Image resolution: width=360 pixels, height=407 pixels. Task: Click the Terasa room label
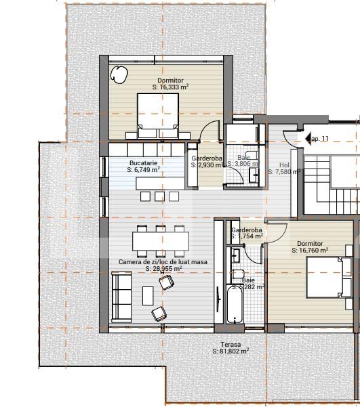tap(231, 344)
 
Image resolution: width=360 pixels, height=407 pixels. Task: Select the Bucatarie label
tap(143, 163)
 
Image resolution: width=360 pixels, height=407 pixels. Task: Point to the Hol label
tap(284, 165)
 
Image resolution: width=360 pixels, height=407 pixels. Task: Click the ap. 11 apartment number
tap(319, 139)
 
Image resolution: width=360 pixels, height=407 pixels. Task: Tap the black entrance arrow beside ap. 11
tap(306, 139)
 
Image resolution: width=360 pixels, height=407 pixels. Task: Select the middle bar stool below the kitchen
tap(159, 196)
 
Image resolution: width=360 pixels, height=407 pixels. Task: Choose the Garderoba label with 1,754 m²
tap(247, 230)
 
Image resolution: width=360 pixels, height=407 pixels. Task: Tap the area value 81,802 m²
tap(231, 351)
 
